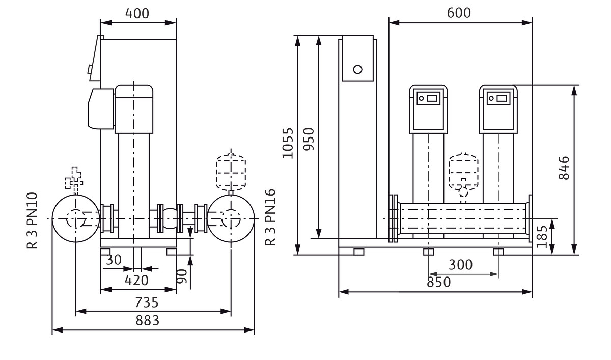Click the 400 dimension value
pos(138,14)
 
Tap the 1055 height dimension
pos(288,143)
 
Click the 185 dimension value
pos(543,235)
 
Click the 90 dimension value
pos(182,275)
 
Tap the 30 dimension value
pos(115,260)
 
